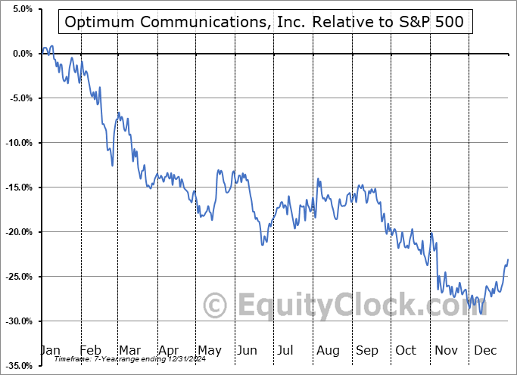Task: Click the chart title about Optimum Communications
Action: coord(266,22)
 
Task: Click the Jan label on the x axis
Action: coord(49,350)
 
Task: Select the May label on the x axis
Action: coord(209,350)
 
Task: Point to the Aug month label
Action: coord(328,350)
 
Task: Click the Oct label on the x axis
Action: coord(406,350)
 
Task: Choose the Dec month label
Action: coord(484,350)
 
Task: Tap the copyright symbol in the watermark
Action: coord(216,305)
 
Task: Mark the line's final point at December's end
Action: coord(508,260)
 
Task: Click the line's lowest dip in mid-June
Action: coord(263,244)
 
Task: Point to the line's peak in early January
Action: coord(51,47)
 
